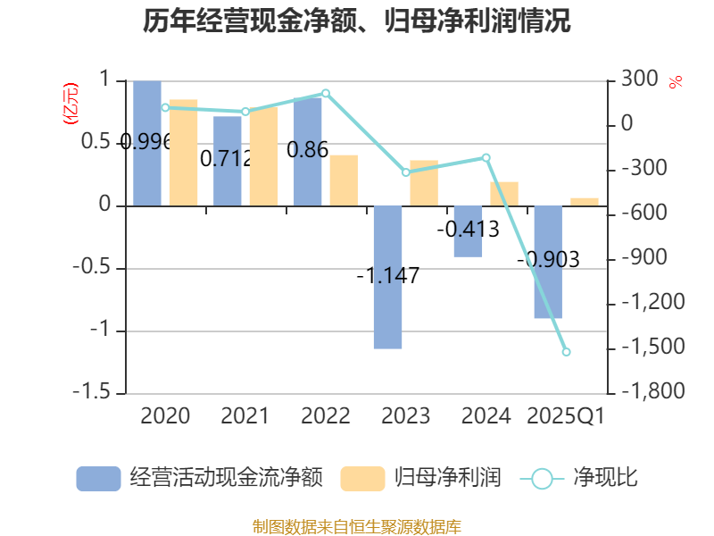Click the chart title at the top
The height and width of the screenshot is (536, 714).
coord(356,21)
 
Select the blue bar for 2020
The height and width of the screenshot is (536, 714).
coord(147,143)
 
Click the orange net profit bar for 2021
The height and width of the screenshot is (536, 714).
coord(263,156)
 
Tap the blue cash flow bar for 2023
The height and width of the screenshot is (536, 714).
coord(387,277)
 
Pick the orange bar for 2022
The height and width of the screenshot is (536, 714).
coord(344,180)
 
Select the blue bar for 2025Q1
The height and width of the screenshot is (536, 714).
coord(548,262)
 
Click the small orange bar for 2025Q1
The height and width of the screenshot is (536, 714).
coord(585,201)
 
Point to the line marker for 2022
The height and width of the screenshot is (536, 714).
coord(326,93)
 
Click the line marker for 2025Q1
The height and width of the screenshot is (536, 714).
coord(566,352)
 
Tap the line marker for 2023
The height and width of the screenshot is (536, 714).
coord(405,172)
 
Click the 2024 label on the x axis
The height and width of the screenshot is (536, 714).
coord(486,416)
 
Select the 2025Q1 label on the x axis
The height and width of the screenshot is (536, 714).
coord(566,416)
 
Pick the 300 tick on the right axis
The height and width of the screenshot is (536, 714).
coord(639,80)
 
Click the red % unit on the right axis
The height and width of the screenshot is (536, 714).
coord(676,82)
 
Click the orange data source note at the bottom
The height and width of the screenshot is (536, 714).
coord(356,526)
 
